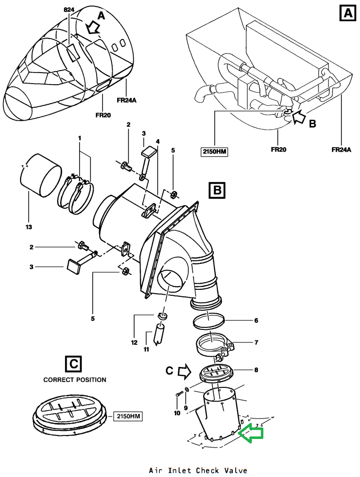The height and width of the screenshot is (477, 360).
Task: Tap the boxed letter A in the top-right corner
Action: click(348, 14)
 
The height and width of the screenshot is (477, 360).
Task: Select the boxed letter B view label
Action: click(217, 190)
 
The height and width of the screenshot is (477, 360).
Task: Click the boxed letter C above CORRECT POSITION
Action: click(74, 364)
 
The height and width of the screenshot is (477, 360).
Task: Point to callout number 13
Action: click(29, 227)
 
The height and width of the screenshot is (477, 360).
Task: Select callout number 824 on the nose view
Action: click(69, 10)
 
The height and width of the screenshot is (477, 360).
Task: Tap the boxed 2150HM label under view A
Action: click(214, 151)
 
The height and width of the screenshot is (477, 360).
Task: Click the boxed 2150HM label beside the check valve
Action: click(128, 416)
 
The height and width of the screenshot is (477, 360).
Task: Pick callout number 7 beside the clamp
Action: click(256, 342)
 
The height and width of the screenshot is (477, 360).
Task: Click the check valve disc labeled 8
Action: click(216, 374)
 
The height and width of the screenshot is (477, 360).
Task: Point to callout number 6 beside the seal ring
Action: click(256, 320)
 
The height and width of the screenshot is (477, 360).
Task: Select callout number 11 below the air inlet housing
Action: click(146, 349)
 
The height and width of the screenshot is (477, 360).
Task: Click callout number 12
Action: click(134, 342)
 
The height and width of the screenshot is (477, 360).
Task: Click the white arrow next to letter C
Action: click(184, 372)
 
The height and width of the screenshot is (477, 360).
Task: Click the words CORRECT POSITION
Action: click(75, 380)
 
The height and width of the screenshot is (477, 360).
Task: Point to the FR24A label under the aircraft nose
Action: click(127, 101)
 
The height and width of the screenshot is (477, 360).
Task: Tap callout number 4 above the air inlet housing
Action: click(158, 142)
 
